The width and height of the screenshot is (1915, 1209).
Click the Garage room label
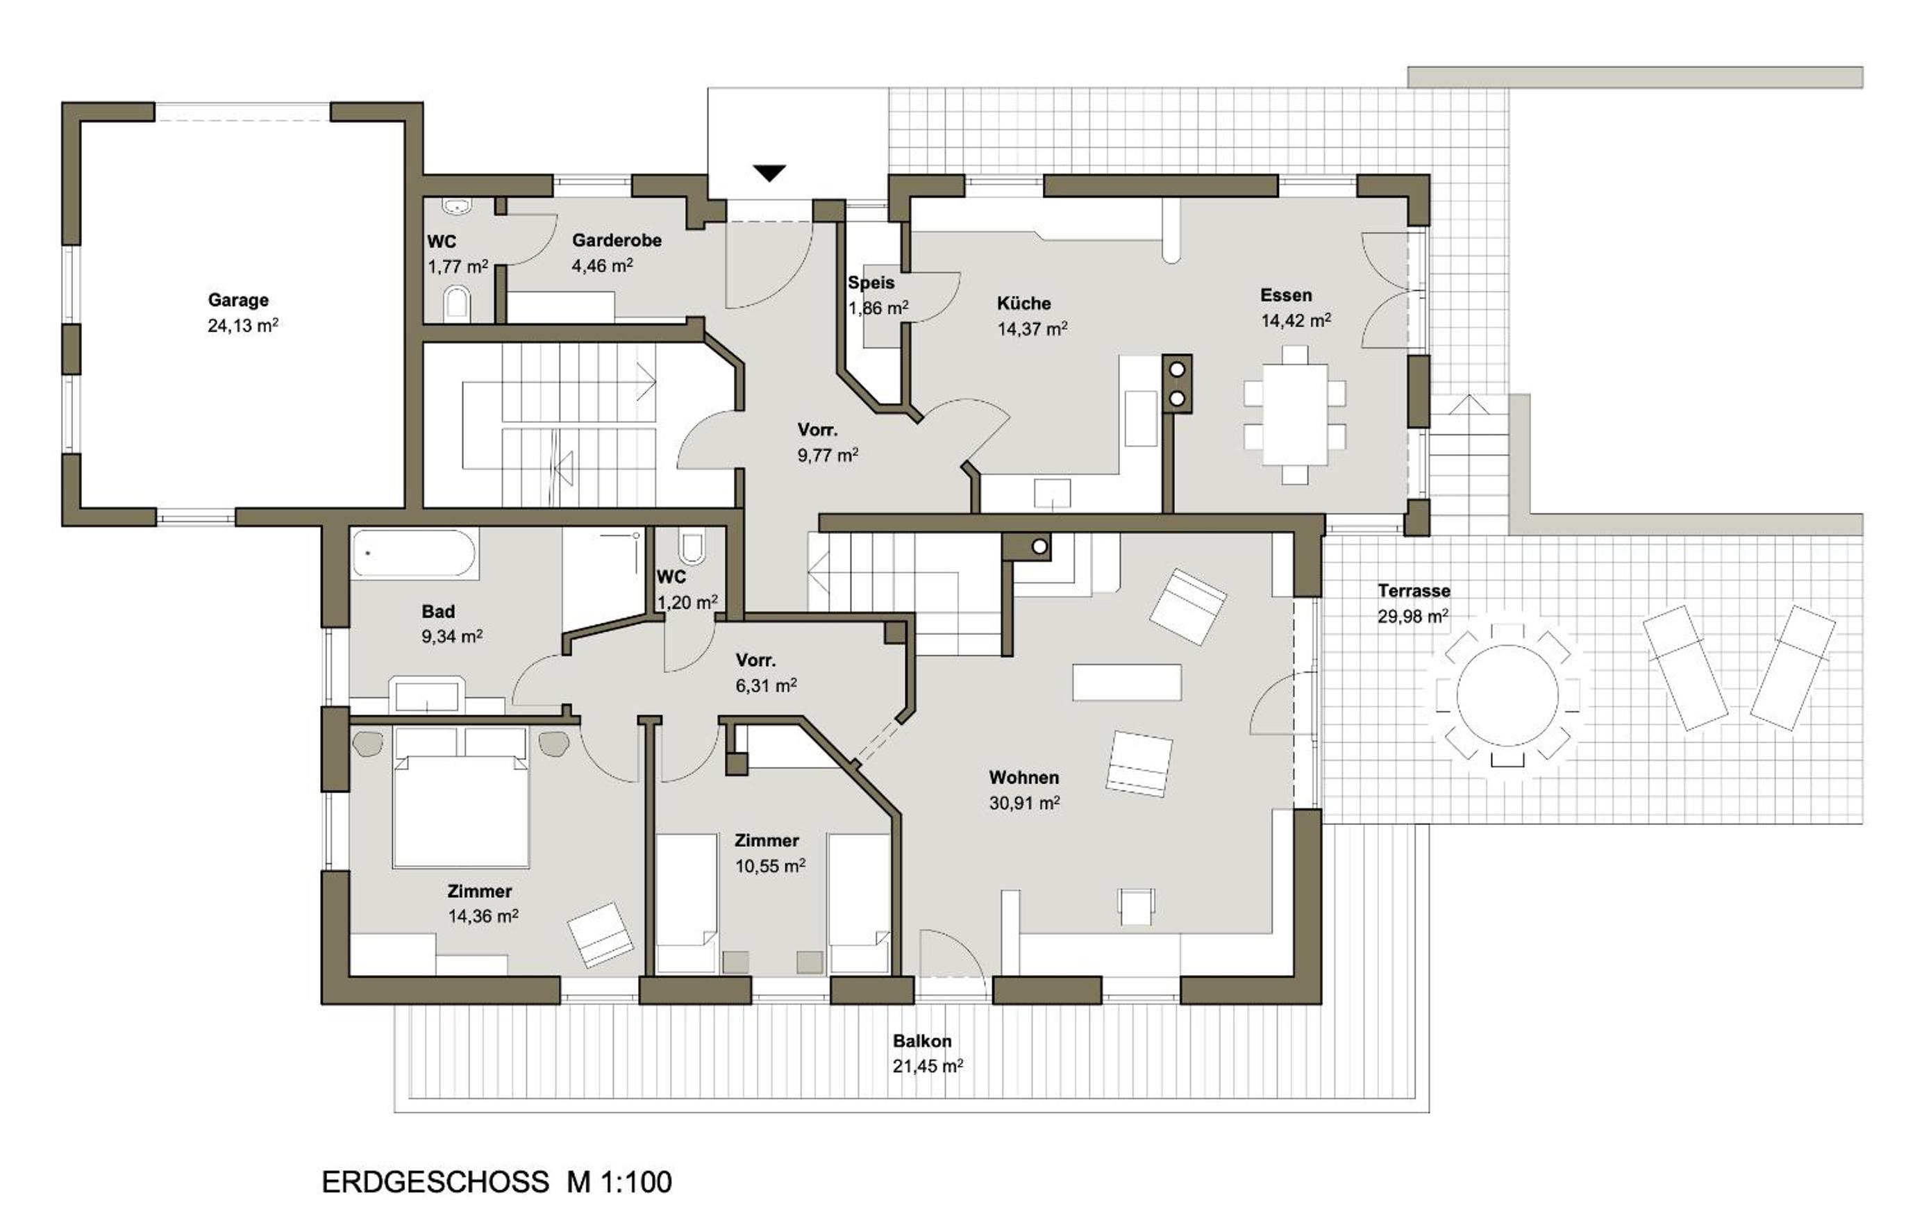pyautogui.click(x=237, y=301)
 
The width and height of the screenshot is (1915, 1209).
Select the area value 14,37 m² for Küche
pyautogui.click(x=1032, y=328)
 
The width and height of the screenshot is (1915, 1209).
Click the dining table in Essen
pyautogui.click(x=1295, y=415)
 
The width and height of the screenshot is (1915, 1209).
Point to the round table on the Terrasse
pyautogui.click(x=1507, y=695)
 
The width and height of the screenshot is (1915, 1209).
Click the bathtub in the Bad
pyautogui.click(x=415, y=552)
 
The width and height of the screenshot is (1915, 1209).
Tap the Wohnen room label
pyautogui.click(x=1023, y=777)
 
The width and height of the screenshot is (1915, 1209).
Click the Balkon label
pyautogui.click(x=921, y=1041)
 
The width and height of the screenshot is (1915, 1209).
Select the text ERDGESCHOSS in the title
pyautogui.click(x=435, y=1182)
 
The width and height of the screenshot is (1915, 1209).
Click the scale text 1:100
pyautogui.click(x=635, y=1182)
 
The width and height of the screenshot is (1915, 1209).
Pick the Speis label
pyautogui.click(x=871, y=283)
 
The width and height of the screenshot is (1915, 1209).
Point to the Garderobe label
pyautogui.click(x=617, y=240)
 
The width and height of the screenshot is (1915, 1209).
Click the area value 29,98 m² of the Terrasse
pyautogui.click(x=1413, y=617)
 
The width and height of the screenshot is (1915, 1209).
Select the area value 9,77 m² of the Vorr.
pyautogui.click(x=828, y=455)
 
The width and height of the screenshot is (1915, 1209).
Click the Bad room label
pyautogui.click(x=438, y=612)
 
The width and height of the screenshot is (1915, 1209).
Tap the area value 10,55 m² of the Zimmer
pyautogui.click(x=770, y=866)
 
